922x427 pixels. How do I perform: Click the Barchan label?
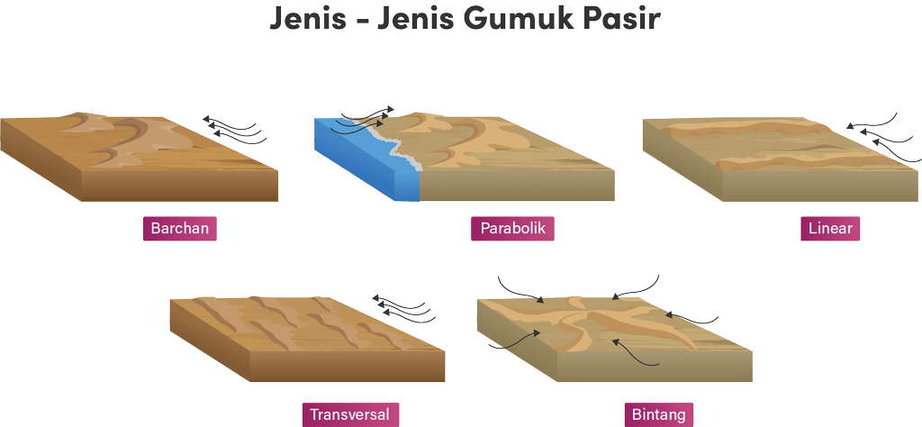pyautogui.click(x=180, y=228)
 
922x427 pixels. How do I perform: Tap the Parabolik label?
pyautogui.click(x=512, y=228)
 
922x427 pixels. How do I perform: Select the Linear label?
pyautogui.click(x=830, y=228)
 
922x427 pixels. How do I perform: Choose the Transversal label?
pyautogui.click(x=350, y=414)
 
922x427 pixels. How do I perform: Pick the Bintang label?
pyautogui.click(x=658, y=414)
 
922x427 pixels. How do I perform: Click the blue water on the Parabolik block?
pyautogui.click(x=365, y=159)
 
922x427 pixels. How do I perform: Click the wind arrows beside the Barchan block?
pyautogui.click(x=234, y=129)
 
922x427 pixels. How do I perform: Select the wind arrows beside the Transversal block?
pyautogui.click(x=403, y=308)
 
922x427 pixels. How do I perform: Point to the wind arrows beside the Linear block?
pyautogui.click(x=882, y=137)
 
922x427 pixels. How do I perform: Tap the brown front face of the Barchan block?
pyautogui.click(x=179, y=187)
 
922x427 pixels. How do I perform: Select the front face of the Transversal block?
pyautogui.click(x=348, y=367)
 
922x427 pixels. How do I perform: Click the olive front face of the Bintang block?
pyautogui.click(x=655, y=367)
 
